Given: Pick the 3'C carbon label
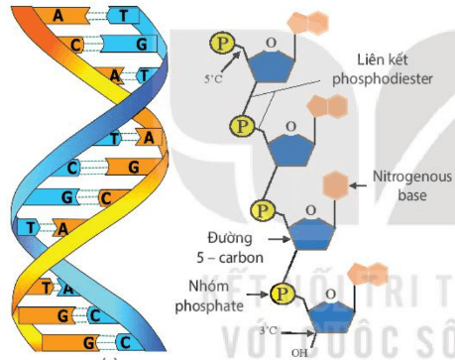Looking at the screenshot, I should [271, 328].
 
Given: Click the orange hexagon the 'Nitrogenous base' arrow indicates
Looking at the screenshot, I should [338, 183].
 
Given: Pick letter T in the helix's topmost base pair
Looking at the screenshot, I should [124, 16].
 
